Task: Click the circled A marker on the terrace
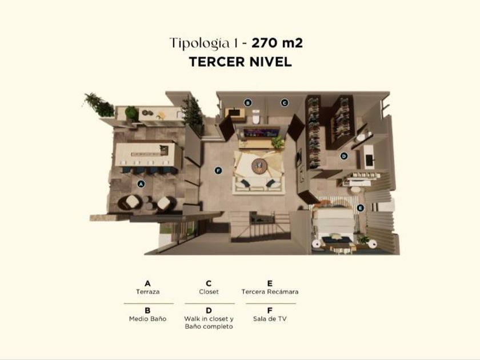141,184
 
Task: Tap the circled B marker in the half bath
247,103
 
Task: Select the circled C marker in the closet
285,103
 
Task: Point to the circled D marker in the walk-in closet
344,156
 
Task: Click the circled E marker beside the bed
361,208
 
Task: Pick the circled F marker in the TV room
218,170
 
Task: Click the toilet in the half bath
256,117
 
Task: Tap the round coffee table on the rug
259,166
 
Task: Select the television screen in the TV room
261,133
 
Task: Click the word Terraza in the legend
147,292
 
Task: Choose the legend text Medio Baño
147,319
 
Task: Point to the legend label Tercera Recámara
270,292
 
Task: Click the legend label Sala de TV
270,319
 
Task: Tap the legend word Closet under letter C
209,292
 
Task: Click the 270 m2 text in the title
277,43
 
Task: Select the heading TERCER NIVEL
241,62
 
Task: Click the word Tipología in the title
199,43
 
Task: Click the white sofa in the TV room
259,184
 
